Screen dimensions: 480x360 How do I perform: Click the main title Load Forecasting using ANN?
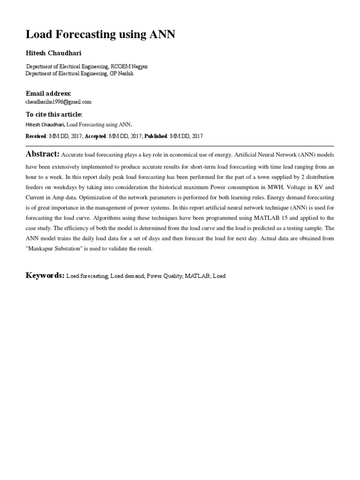100,34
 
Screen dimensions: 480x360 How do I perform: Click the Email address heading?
48,94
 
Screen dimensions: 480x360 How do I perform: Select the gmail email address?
58,102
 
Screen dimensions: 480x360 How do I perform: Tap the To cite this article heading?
54,114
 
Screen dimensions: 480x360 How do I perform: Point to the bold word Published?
154,136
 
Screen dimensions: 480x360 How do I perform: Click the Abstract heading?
42,154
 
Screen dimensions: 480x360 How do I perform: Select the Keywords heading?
45,275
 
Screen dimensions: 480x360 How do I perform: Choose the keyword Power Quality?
164,276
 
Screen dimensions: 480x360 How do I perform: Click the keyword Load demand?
127,276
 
